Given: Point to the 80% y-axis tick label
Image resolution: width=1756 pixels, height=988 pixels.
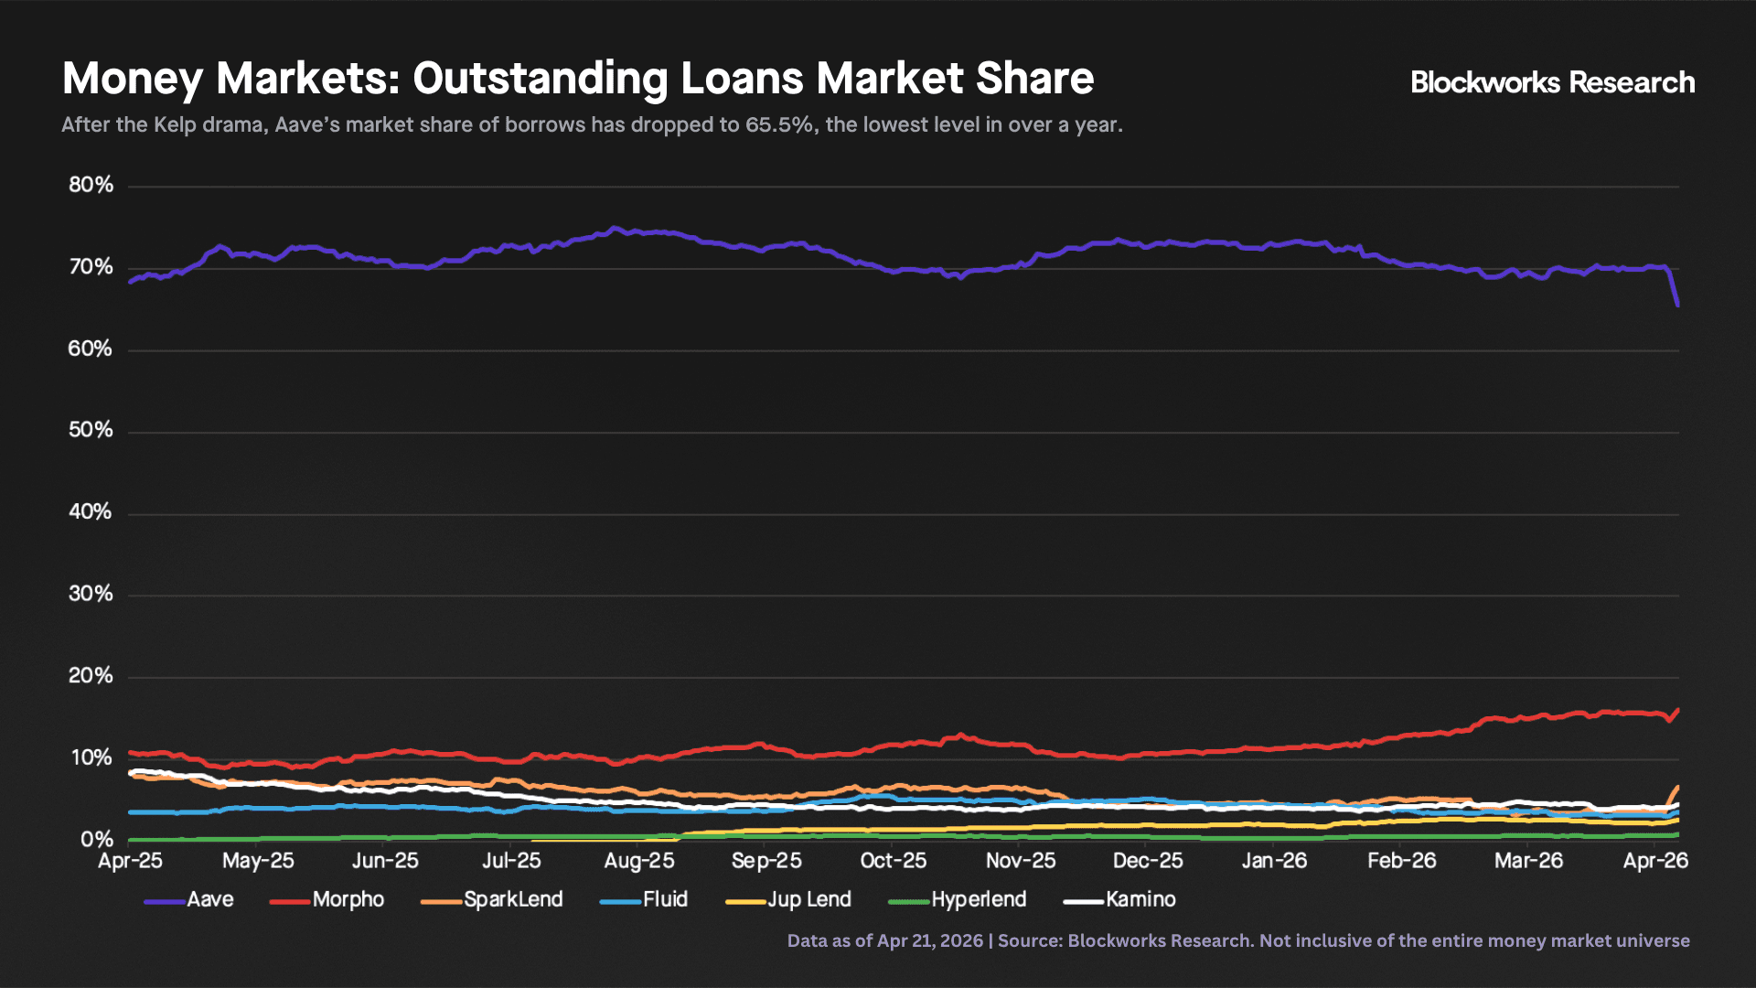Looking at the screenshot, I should click(x=91, y=186).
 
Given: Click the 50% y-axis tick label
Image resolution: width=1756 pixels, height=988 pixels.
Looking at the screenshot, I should click(x=91, y=431).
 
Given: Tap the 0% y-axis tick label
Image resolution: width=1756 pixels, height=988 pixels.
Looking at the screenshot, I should click(x=97, y=840).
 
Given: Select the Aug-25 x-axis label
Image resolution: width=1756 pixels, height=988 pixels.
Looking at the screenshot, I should click(x=639, y=861).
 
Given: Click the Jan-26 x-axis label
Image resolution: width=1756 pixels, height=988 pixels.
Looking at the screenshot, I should click(x=1274, y=861).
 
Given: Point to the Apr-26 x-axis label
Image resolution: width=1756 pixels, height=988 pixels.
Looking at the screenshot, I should click(x=1655, y=861).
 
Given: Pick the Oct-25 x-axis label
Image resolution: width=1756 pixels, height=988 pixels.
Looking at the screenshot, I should click(x=894, y=861).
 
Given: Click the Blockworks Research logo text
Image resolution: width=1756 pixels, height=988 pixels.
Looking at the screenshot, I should click(x=1552, y=83).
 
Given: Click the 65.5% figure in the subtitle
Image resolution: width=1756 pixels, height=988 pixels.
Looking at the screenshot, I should click(x=778, y=125).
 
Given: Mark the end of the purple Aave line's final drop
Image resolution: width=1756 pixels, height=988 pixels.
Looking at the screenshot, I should click(x=1677, y=305).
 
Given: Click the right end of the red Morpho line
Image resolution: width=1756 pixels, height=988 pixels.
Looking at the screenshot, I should click(x=1677, y=710).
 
